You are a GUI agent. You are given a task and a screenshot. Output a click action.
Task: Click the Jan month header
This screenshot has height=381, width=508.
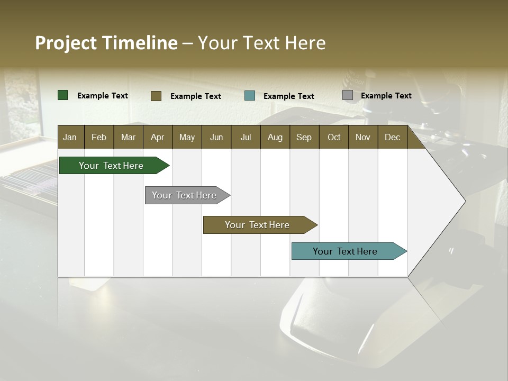click(x=70, y=137)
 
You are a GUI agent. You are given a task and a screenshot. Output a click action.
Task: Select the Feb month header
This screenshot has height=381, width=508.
click(x=99, y=137)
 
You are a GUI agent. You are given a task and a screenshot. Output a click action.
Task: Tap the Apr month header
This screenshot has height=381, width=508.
click(x=158, y=137)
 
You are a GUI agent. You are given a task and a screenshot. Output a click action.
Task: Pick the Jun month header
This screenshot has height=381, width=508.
click(x=216, y=137)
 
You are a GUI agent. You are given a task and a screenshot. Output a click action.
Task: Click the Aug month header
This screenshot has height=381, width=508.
click(x=275, y=137)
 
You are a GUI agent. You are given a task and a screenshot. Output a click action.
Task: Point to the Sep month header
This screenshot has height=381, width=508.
click(x=304, y=137)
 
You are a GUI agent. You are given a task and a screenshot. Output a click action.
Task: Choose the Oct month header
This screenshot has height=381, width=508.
click(x=334, y=137)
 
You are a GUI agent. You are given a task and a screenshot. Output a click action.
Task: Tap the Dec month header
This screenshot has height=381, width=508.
click(x=393, y=137)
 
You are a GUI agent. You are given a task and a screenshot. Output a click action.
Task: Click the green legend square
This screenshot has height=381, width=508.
click(x=63, y=95)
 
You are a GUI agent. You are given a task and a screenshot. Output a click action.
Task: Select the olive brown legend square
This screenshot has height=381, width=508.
click(x=156, y=96)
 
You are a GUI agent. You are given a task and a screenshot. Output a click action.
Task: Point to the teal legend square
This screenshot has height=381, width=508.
click(x=250, y=96)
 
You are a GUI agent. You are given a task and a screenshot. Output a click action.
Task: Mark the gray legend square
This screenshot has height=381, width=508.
click(x=348, y=95)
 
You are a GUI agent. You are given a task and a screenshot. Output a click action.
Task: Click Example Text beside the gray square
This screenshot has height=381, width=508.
click(x=386, y=96)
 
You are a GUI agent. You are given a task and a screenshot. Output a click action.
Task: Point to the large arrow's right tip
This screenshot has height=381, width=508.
click(x=464, y=201)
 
